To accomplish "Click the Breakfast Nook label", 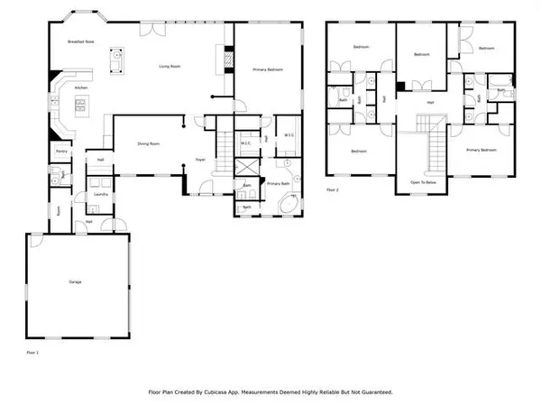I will tap(81, 42).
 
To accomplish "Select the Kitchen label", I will tap(81, 88).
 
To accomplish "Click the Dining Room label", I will tap(149, 143).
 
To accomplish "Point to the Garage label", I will tap(75, 282).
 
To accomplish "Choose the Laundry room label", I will tap(102, 193).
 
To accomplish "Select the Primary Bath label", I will tap(278, 183).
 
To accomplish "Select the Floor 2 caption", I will tap(333, 190).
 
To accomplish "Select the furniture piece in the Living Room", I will tap(115, 60).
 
